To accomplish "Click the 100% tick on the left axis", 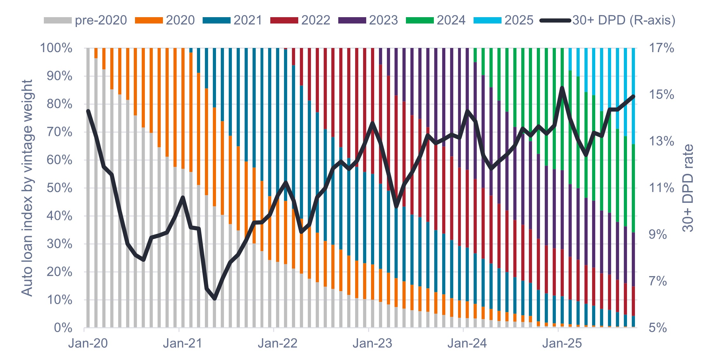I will coord(56,48).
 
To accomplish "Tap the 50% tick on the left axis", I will coord(59,188).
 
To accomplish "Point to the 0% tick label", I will coord(63,328).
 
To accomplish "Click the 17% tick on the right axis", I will coord(661,48).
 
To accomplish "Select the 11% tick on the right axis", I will coord(661,188).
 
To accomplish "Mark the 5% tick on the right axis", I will coord(657,328).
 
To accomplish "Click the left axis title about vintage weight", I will coord(27,188).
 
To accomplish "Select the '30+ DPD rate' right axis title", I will coord(688,188).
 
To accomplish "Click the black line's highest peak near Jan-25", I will coord(562,87).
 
